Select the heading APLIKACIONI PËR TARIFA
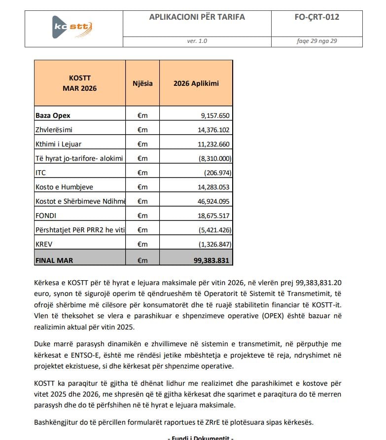point(197,17)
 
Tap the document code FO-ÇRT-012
point(316,17)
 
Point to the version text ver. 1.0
point(197,41)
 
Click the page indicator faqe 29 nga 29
point(316,41)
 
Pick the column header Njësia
point(142,83)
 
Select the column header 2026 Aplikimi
point(196,83)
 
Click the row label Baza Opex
point(53,115)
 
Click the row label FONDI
point(46,216)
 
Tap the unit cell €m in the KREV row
point(142,244)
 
